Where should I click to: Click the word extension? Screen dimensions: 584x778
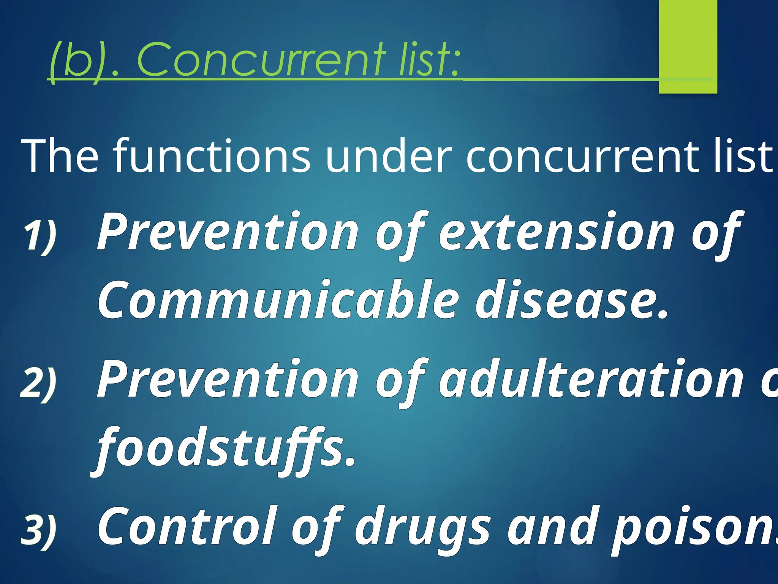click(x=556, y=232)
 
